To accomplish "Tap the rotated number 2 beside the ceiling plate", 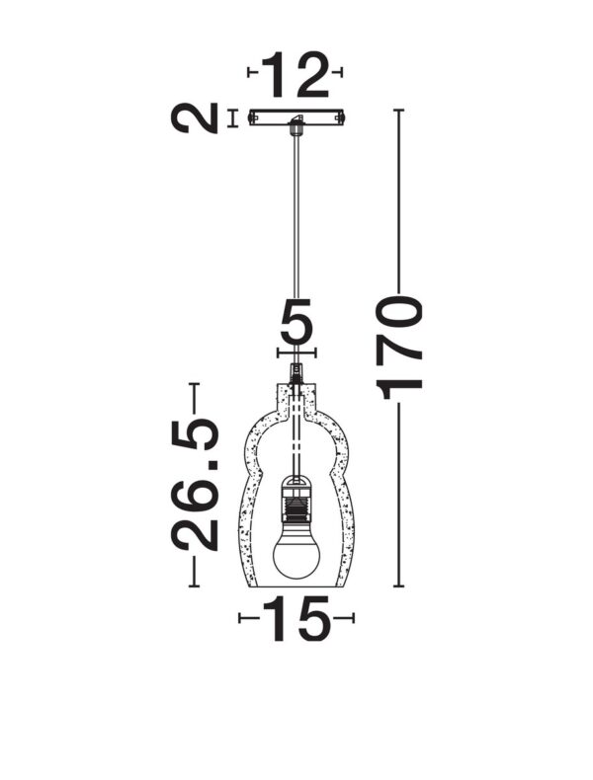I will click(195, 118).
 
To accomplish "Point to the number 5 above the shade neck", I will click(296, 322).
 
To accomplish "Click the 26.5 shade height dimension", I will click(196, 484).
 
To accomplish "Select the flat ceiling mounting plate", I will click(296, 117).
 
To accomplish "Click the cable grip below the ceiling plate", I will click(296, 126).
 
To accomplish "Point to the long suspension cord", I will click(296, 247).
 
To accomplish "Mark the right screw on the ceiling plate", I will click(340, 118).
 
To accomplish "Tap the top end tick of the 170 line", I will click(399, 110).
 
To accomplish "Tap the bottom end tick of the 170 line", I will click(399, 586).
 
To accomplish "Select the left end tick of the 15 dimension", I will click(240, 618).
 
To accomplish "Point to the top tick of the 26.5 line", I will click(195, 383).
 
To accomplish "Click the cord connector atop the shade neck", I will click(296, 372).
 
